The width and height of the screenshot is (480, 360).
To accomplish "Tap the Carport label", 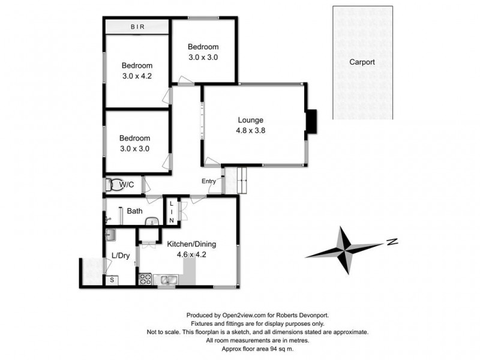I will (362, 62).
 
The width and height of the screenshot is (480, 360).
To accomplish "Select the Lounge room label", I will (250, 119).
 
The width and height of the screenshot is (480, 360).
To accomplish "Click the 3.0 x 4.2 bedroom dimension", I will (137, 76).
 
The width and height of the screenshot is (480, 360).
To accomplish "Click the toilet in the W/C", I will (112, 184).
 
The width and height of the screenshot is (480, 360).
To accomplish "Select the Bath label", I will (134, 211).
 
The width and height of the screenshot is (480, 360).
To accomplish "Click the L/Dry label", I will (121, 256).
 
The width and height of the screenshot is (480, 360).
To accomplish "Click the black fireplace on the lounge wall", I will (312, 122).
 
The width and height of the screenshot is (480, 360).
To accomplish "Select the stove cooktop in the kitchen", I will (145, 279).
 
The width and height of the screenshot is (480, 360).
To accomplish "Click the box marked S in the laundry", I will (111, 280).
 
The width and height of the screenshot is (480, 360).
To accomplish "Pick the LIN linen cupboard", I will (171, 212).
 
